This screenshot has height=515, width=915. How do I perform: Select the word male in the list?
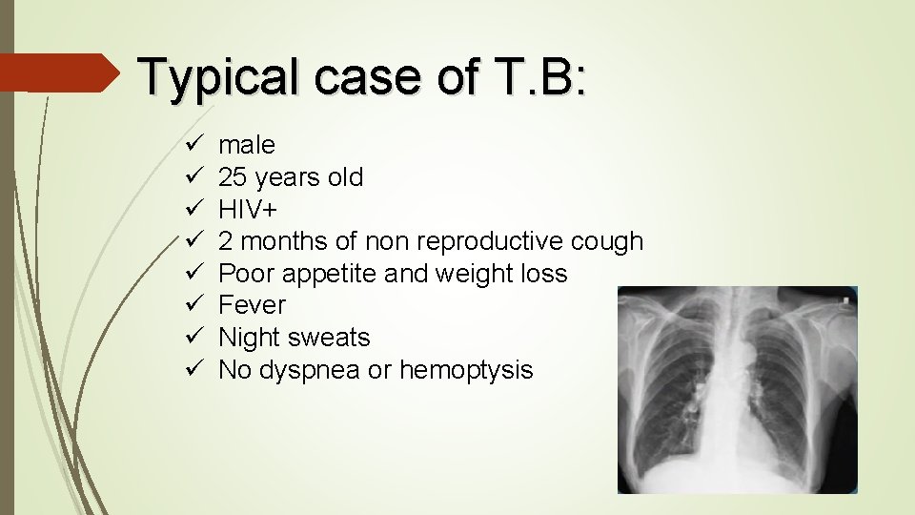pos(247,145)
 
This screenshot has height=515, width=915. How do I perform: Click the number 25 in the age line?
pos(232,177)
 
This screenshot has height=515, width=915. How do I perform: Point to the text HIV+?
pos(248,210)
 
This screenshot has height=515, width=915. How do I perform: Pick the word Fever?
pos(252,305)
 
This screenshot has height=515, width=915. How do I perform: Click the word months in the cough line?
pos(271,242)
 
